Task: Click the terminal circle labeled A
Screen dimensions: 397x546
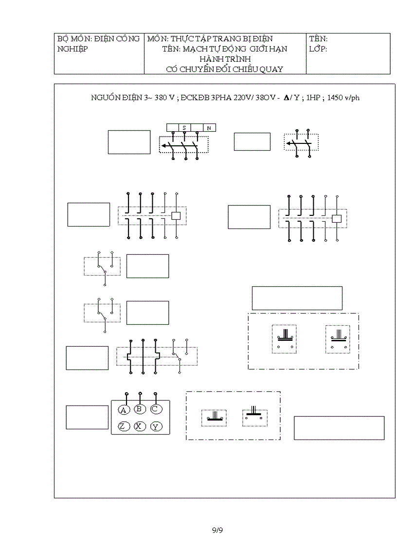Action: [x=124, y=410]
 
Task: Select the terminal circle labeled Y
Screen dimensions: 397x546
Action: [x=156, y=426]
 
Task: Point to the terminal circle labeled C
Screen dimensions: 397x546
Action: [x=156, y=409]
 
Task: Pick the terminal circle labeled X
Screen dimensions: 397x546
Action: [x=140, y=426]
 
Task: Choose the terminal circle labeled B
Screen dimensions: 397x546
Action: [x=140, y=409]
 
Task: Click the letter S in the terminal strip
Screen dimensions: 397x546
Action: [x=184, y=128]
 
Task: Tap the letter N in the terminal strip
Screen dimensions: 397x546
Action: [x=209, y=128]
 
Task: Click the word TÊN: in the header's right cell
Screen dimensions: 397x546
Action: [x=318, y=38]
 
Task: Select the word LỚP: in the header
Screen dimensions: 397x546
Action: [x=318, y=49]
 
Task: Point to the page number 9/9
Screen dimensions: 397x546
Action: [x=217, y=530]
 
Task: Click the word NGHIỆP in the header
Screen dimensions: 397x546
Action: [x=72, y=49]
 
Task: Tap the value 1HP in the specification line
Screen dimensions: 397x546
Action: [x=313, y=98]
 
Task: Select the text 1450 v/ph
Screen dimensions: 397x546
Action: [x=343, y=98]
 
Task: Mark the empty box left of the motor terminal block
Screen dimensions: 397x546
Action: [x=87, y=417]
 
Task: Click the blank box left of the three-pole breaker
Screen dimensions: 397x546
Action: [x=129, y=142]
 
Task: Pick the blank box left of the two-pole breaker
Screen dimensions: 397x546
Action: [x=252, y=141]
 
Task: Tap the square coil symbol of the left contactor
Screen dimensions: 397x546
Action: [x=177, y=216]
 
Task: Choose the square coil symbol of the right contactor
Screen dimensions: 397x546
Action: [x=337, y=219]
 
